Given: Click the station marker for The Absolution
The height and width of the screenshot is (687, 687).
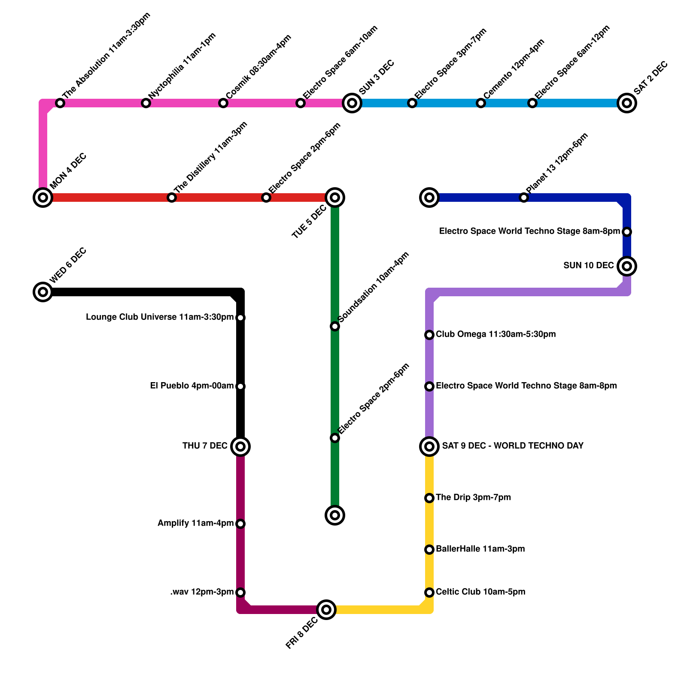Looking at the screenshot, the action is tap(60, 103).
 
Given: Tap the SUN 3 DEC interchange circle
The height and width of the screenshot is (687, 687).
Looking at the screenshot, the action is tap(352, 103).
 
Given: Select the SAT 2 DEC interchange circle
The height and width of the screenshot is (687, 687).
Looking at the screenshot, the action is tap(627, 103).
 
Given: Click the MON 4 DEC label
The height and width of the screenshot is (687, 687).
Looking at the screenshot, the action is tap(68, 171).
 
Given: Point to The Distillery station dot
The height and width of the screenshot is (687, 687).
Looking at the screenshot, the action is tap(172, 198).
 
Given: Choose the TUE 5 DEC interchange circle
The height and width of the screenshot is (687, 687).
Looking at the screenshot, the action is tap(335, 198).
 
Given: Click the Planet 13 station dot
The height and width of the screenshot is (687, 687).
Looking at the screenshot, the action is tap(524, 198).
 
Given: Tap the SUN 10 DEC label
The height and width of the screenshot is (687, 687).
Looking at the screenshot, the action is tap(588, 266).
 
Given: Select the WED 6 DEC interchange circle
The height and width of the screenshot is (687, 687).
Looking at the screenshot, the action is tap(43, 292).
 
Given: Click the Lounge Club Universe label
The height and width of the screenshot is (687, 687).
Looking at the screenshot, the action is tap(160, 317).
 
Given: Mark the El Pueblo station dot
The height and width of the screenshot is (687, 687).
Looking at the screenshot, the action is tap(240, 386).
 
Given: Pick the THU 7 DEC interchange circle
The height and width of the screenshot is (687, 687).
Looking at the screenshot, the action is tap(240, 447).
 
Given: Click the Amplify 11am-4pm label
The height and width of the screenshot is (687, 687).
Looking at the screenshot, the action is tap(195, 523).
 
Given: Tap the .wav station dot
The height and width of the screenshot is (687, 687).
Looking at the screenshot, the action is tap(240, 593).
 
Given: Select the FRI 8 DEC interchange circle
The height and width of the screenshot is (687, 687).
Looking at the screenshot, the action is tap(326, 610).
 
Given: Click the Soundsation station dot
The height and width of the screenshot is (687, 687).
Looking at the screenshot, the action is tap(335, 327).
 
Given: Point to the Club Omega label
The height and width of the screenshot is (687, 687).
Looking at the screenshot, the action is tap(495, 334).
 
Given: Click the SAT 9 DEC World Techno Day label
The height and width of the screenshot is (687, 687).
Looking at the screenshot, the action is tap(513, 446).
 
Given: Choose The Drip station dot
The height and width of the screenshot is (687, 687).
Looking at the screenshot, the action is tap(429, 498).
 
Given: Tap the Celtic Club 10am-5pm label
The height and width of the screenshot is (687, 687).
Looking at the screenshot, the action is tap(480, 592).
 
